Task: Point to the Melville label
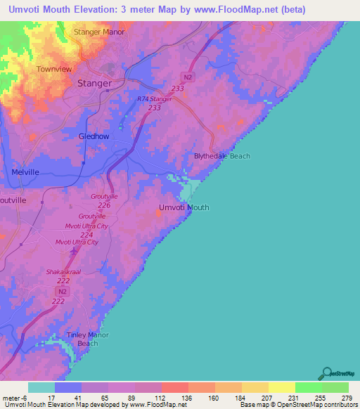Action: [26, 171]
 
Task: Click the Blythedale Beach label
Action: [221, 156]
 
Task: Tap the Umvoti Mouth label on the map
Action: [184, 207]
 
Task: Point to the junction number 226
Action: [104, 205]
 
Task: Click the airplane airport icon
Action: [76, 251]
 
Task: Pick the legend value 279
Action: [346, 396]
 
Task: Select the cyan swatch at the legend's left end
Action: [41, 387]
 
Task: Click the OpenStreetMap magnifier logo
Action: [326, 372]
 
